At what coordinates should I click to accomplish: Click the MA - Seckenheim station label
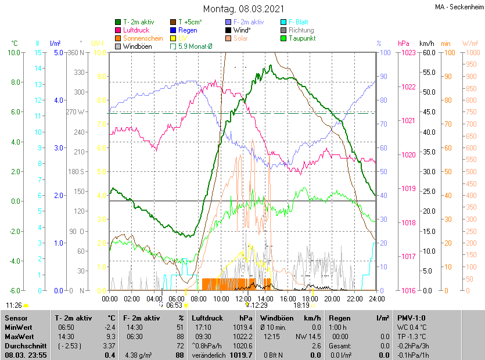pyautogui.click(x=458, y=7)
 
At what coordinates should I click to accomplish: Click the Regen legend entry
pyautogui.click(x=188, y=30)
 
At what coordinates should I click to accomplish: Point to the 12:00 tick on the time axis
pyautogui.click(x=243, y=299)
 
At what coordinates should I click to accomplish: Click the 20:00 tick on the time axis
pyautogui.click(x=332, y=299)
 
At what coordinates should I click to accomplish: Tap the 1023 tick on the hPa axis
pyautogui.click(x=408, y=52)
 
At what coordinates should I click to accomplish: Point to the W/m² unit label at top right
pyautogui.click(x=470, y=44)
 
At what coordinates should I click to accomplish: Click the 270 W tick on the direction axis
pyautogui.click(x=76, y=112)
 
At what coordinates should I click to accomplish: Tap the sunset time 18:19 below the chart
pyautogui.click(x=301, y=305)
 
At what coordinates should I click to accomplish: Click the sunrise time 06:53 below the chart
pyautogui.click(x=174, y=305)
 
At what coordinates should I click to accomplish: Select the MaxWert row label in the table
pyautogui.click(x=19, y=337)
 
